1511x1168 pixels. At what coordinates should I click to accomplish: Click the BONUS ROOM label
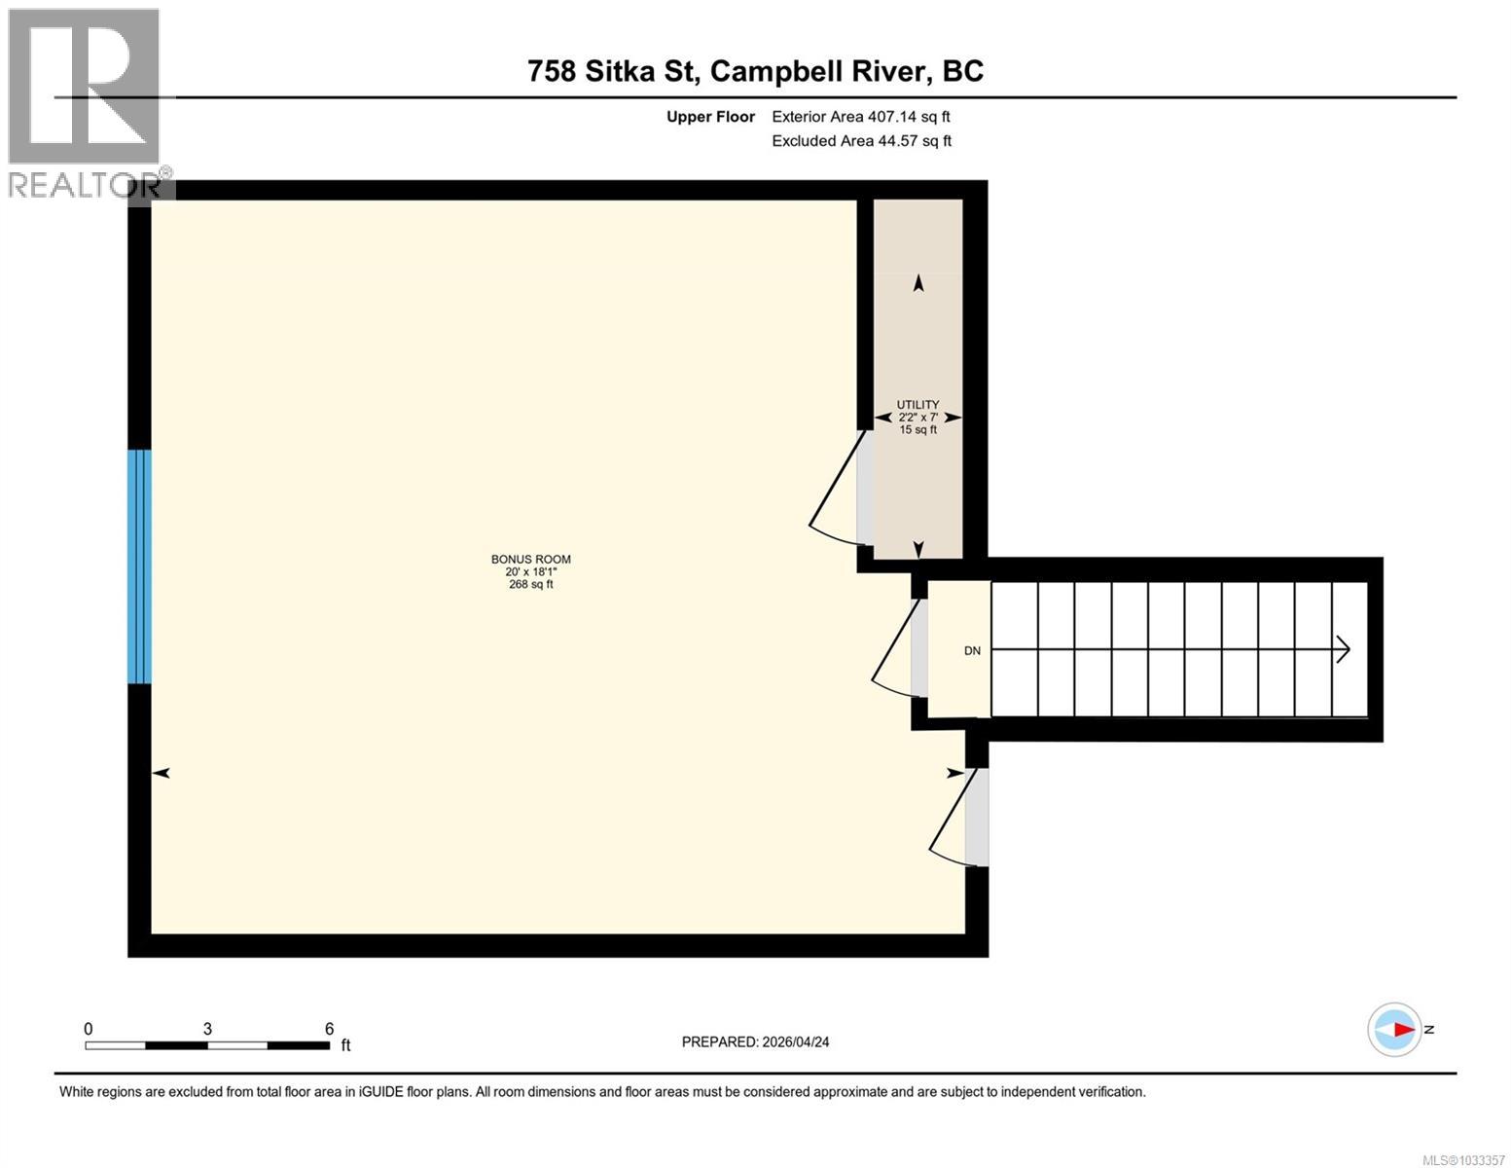530,559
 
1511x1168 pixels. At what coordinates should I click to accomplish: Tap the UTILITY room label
917,405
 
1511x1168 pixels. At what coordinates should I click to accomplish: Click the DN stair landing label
972,651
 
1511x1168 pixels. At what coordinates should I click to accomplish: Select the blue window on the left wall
140,566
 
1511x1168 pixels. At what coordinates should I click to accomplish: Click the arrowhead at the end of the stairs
1344,649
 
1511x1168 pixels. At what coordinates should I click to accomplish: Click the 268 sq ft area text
530,584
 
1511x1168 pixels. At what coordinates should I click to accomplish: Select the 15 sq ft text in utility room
917,429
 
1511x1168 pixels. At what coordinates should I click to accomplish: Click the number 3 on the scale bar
207,1029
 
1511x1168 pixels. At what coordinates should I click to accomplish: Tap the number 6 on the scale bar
329,1029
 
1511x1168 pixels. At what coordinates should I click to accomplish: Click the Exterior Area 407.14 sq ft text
860,117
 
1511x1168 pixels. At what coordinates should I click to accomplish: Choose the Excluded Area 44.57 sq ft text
861,141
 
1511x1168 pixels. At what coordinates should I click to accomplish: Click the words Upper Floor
710,117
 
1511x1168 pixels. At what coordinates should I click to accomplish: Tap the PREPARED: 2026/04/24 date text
755,1041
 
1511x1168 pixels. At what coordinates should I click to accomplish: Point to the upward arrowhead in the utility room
917,283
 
